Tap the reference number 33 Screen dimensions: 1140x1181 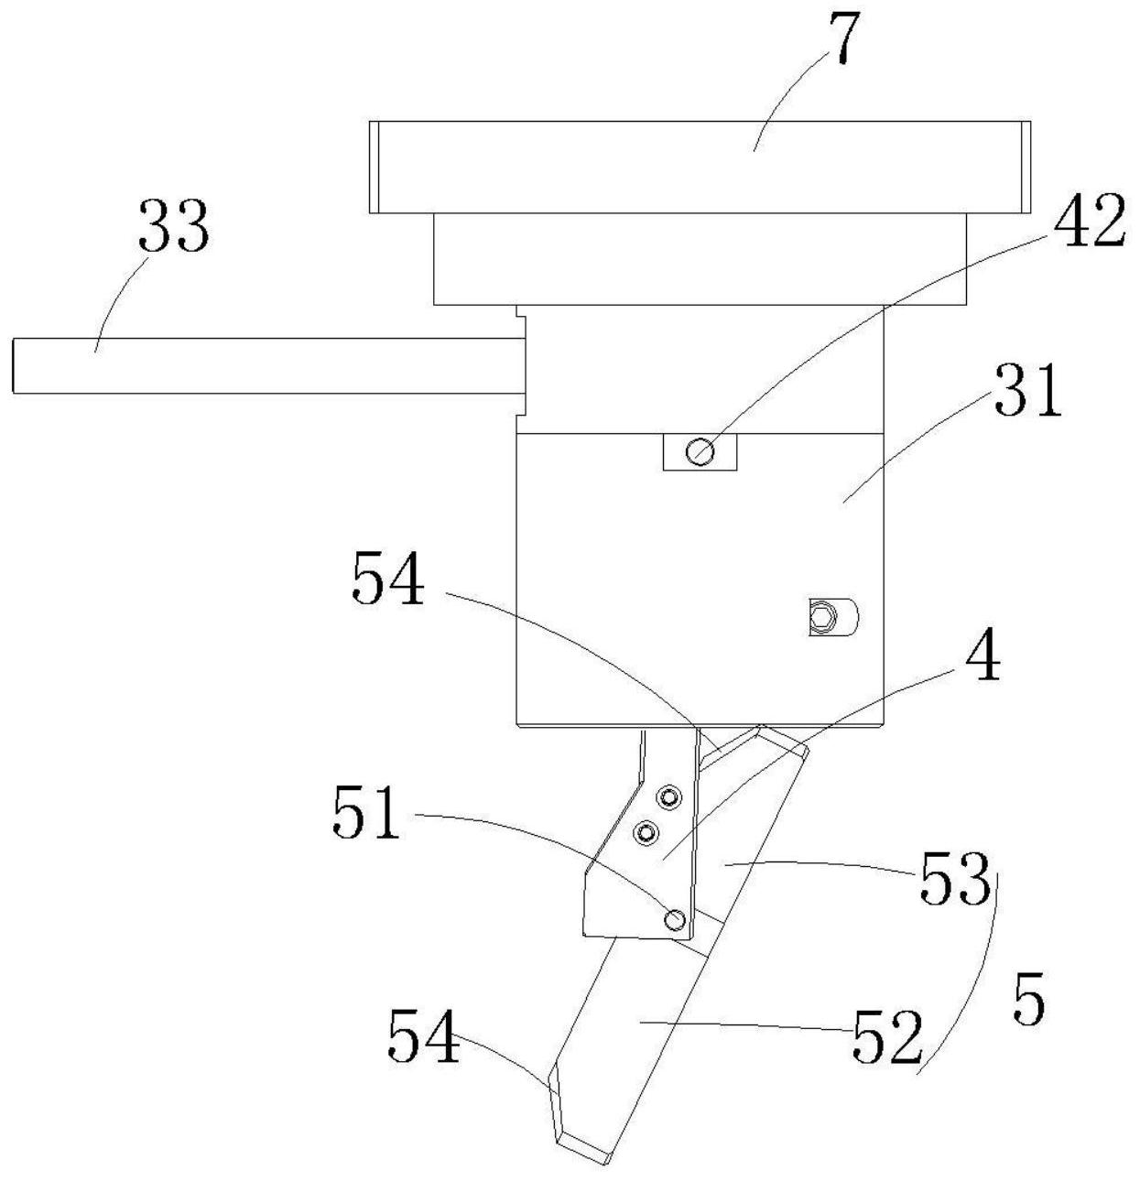click(174, 225)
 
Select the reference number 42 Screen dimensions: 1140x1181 click(1089, 220)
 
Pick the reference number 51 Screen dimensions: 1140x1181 click(365, 811)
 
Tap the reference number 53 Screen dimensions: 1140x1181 click(955, 878)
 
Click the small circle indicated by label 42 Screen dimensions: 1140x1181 click(700, 451)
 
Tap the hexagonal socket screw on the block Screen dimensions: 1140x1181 click(824, 617)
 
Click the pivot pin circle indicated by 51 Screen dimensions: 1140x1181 click(675, 920)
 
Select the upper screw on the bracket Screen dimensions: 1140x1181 click(669, 797)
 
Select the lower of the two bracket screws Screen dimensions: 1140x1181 click(645, 832)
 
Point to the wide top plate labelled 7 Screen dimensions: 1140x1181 click(700, 167)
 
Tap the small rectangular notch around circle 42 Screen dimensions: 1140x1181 click(700, 451)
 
